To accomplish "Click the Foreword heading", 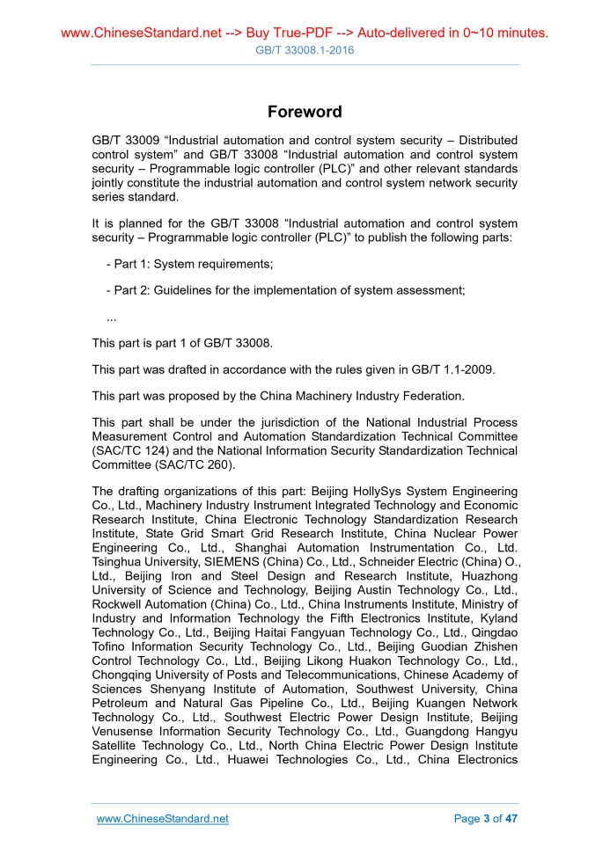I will (305, 112).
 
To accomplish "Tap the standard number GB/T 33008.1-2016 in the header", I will (305, 50).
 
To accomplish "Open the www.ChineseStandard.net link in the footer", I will (163, 819).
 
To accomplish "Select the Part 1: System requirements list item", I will (189, 265).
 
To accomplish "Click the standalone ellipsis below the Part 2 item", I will (111, 317).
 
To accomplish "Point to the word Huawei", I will (247, 759).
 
